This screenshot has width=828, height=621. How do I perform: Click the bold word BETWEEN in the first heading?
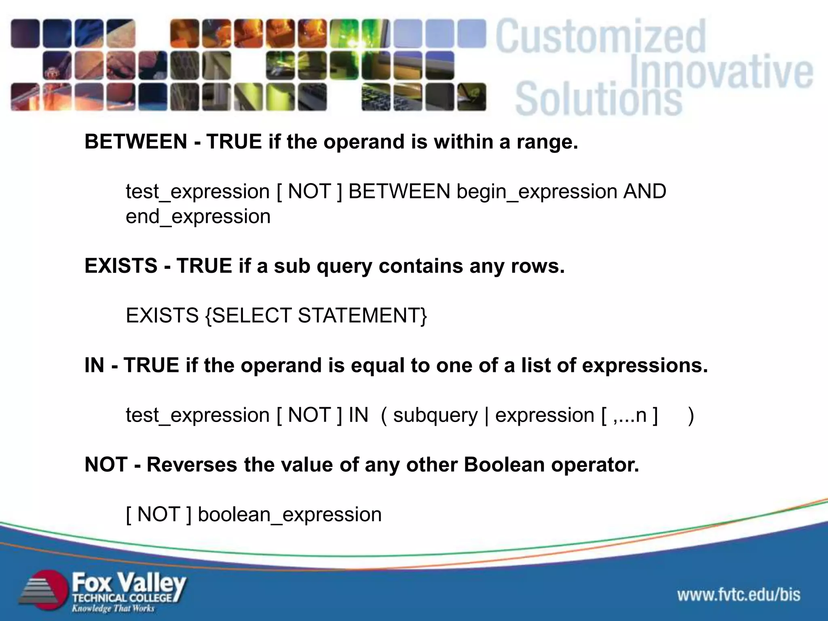[x=135, y=142]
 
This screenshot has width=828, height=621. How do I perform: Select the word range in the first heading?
[x=547, y=142]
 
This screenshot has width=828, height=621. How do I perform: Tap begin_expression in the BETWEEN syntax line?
[x=537, y=191]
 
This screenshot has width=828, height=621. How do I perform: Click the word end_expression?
[x=198, y=217]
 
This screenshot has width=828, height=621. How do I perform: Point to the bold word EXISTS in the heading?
[x=120, y=266]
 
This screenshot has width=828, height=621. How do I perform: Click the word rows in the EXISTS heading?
[x=537, y=266]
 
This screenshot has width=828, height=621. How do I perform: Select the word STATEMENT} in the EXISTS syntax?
[x=362, y=315]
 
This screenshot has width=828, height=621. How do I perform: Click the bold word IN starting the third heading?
[x=94, y=365]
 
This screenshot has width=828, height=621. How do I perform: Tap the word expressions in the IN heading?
[x=644, y=365]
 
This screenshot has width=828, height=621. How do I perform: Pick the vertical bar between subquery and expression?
[x=486, y=416]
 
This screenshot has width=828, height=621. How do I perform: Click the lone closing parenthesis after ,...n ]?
[x=691, y=416]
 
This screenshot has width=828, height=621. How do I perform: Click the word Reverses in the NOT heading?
[x=192, y=465]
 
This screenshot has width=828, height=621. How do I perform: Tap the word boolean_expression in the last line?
[x=289, y=515]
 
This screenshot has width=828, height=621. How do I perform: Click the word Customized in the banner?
[x=600, y=37]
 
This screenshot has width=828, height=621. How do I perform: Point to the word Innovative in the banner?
[x=721, y=72]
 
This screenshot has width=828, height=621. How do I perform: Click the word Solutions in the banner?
[x=598, y=98]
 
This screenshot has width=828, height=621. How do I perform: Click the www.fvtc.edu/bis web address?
[x=739, y=595]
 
